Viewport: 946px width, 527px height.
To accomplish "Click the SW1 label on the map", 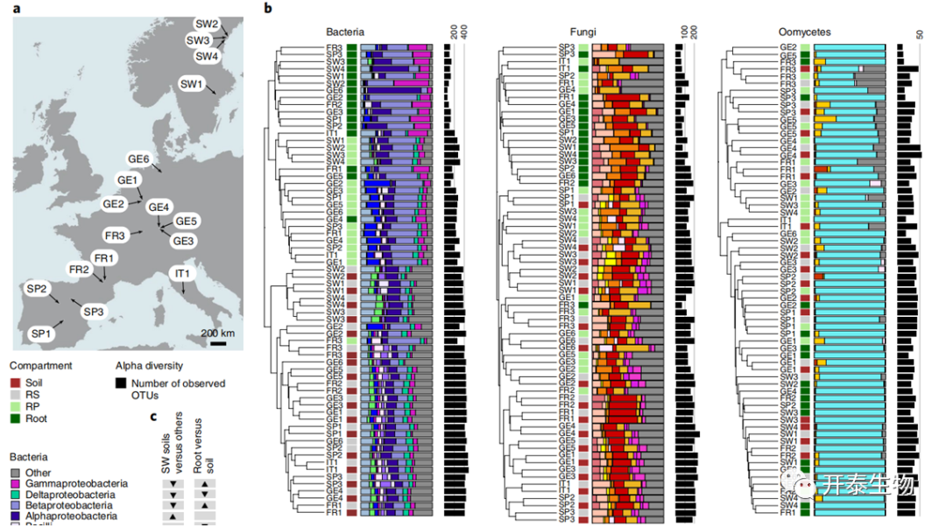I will pyautogui.click(x=191, y=84).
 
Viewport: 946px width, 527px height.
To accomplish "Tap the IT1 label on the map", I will pyautogui.click(x=182, y=274).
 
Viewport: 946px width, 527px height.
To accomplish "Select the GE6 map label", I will pyautogui.click(x=138, y=158).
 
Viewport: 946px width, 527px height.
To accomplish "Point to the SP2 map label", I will pyautogui.click(x=37, y=290).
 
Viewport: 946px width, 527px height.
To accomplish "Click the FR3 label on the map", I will pyautogui.click(x=116, y=235).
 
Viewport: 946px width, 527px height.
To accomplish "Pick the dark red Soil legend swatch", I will pyautogui.click(x=16, y=383).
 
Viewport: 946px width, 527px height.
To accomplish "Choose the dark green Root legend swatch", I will pyautogui.click(x=16, y=418).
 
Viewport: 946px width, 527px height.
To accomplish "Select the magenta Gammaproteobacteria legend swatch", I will pyautogui.click(x=16, y=484).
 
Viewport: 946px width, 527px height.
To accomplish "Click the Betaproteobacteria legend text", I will pyautogui.click(x=70, y=506).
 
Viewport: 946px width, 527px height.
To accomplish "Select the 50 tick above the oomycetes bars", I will pyautogui.click(x=920, y=33).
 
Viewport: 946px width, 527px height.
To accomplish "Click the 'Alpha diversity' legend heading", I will pyautogui.click(x=149, y=366).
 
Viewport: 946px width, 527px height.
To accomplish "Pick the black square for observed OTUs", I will pyautogui.click(x=121, y=383).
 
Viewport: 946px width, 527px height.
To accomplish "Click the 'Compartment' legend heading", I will pyautogui.click(x=41, y=366).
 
